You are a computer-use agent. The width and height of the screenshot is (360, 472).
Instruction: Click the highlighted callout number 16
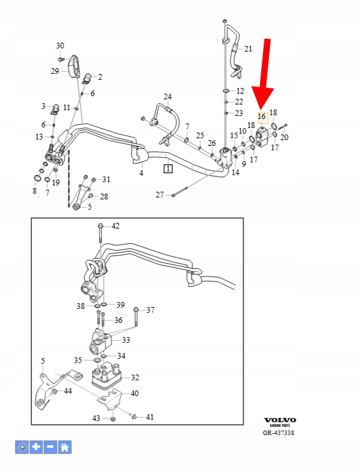[262, 117]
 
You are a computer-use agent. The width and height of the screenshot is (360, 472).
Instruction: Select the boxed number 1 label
[168, 169]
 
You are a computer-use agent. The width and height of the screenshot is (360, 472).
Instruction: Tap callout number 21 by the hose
[248, 49]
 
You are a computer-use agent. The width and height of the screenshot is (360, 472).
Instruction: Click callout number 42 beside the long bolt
[115, 225]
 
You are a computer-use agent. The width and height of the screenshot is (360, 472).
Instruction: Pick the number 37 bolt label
[150, 310]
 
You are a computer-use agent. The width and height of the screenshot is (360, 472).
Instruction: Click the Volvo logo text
[280, 420]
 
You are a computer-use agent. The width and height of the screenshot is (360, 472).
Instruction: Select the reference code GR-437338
[278, 433]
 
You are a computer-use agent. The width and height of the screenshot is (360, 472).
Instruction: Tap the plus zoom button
[36, 447]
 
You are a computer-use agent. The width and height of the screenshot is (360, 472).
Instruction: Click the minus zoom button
[50, 447]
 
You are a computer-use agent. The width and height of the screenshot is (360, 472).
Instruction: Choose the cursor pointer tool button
[22, 447]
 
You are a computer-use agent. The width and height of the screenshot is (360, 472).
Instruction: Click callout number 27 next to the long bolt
[160, 195]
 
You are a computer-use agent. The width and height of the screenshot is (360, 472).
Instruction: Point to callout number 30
[60, 46]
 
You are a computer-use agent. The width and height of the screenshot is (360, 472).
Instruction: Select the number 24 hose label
[168, 97]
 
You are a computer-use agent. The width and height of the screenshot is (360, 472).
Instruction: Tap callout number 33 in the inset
[126, 340]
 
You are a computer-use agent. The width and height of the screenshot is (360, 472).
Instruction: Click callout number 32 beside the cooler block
[135, 378]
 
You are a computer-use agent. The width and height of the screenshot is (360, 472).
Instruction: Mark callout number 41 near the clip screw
[150, 417]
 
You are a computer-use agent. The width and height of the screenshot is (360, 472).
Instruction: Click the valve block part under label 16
[261, 137]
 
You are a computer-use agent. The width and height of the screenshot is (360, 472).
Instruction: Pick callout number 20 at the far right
[284, 138]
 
